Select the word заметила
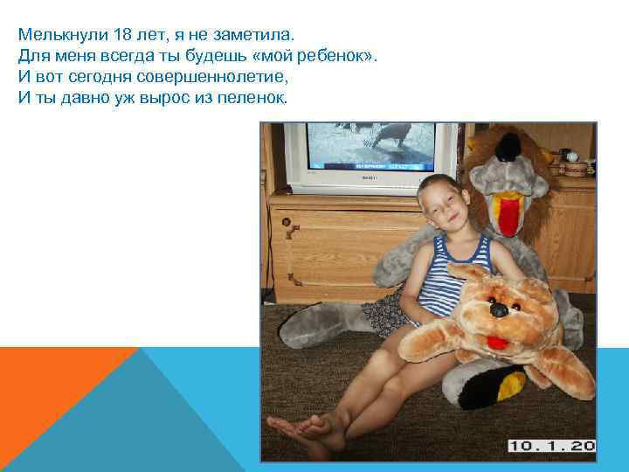click(x=259, y=35)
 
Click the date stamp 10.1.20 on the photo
click(x=552, y=446)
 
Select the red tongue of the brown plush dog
click(x=499, y=340)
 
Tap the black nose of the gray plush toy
click(x=506, y=150)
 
